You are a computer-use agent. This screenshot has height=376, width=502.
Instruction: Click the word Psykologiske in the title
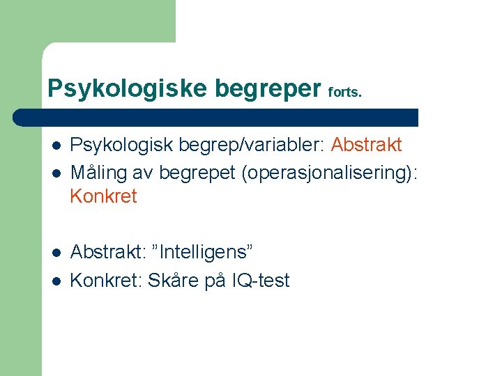[127, 88]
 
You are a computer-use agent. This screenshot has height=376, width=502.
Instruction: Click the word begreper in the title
[268, 88]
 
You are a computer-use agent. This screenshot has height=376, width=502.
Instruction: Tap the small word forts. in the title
[344, 92]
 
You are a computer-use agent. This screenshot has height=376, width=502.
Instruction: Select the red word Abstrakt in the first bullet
[366, 145]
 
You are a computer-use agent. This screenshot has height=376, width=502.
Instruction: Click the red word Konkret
[103, 196]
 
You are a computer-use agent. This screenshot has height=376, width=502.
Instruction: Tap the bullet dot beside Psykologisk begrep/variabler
[56, 146]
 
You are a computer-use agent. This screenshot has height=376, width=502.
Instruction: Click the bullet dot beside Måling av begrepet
[56, 172]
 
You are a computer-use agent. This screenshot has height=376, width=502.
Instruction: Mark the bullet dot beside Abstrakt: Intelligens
[56, 251]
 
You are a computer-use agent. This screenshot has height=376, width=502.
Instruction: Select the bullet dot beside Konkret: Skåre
[56, 281]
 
